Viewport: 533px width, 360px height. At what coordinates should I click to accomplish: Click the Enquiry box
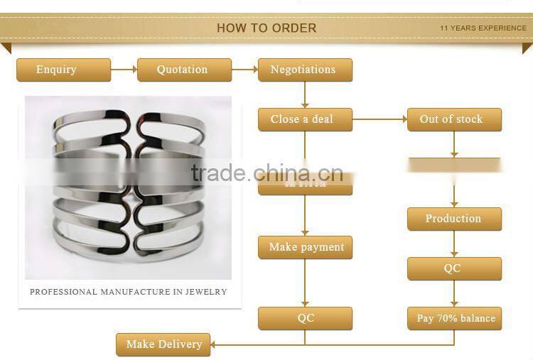coord(63,70)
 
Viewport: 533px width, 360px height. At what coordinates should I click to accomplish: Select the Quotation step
coord(184,70)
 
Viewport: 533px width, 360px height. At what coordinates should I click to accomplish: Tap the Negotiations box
coord(305,70)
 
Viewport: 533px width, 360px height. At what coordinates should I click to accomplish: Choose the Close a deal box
coord(305,119)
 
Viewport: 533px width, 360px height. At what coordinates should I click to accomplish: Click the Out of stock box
coord(454,119)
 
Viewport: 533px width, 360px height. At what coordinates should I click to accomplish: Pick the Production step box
coord(454,219)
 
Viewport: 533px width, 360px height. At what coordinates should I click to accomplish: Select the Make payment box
coord(305,247)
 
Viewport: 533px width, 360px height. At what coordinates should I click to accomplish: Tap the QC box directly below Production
coord(454,268)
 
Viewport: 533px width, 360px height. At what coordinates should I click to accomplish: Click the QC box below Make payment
coord(305,318)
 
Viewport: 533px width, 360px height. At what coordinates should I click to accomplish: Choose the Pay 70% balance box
coord(454,318)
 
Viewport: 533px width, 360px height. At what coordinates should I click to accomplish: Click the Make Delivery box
coord(163,344)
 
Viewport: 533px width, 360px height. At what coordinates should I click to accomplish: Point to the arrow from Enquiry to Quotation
coord(124,70)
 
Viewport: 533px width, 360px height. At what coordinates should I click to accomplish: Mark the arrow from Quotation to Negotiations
coord(244,70)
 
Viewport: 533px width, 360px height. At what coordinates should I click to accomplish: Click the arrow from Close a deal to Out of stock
coord(379,119)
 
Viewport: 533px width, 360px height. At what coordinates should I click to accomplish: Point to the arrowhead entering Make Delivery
coord(215,344)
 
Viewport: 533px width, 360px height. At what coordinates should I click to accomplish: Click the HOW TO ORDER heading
coord(266,28)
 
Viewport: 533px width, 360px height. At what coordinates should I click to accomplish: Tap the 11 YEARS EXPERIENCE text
coord(483,28)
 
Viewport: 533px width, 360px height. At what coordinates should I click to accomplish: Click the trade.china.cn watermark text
coord(266,173)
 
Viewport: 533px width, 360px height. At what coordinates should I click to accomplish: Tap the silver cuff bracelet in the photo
coord(128,188)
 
